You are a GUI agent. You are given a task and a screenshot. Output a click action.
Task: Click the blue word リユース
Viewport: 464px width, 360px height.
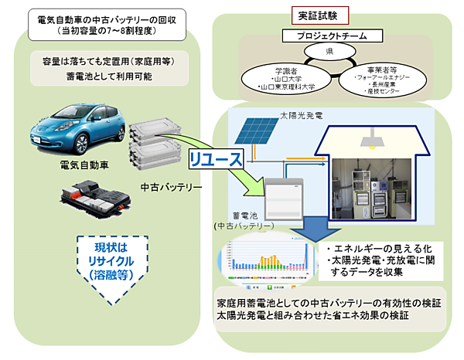pos(217,159)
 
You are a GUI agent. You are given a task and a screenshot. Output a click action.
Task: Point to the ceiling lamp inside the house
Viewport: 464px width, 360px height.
pos(372,138)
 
